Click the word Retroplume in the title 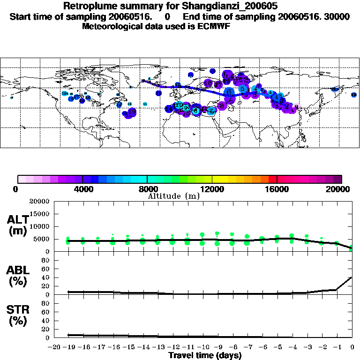tap(87, 7)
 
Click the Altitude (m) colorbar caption tap(173, 196)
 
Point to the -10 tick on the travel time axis tap(203, 346)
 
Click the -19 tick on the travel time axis tap(69, 346)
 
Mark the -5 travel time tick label tap(277, 346)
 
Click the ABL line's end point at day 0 tap(352, 277)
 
